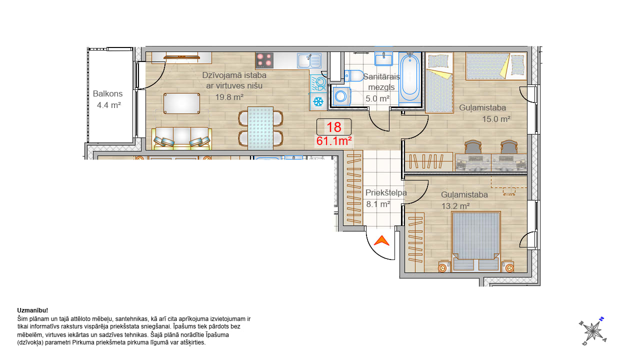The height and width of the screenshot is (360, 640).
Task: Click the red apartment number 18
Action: (333, 127)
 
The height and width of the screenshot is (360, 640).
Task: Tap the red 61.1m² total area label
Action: (334, 141)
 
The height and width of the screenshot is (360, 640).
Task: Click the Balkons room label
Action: (107, 93)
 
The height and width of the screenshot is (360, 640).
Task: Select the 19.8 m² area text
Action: (229, 97)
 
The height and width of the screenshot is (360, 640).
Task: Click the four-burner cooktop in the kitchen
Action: (264, 60)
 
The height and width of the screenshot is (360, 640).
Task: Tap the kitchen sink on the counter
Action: (309, 60)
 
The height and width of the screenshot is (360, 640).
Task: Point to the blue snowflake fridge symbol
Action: (318, 101)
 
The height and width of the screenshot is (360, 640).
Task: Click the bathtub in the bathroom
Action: (409, 77)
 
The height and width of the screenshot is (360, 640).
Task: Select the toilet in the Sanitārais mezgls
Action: (353, 76)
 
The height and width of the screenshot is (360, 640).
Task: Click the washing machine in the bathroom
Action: (341, 96)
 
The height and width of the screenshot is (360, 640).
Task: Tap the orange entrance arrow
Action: (381, 240)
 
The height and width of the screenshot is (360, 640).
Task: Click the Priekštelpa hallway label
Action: (386, 193)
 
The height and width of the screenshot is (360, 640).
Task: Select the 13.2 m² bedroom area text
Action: (455, 206)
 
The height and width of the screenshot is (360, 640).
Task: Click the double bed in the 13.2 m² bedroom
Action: (475, 241)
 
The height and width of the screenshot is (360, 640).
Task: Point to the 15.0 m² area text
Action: (496, 119)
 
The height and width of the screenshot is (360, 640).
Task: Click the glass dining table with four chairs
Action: (260, 128)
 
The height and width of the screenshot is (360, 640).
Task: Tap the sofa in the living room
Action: (181, 138)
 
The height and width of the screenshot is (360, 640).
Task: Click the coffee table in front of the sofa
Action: (181, 103)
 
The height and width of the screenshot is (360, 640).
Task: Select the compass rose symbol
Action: (593, 331)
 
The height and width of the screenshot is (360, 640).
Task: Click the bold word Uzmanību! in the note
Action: (32, 310)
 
